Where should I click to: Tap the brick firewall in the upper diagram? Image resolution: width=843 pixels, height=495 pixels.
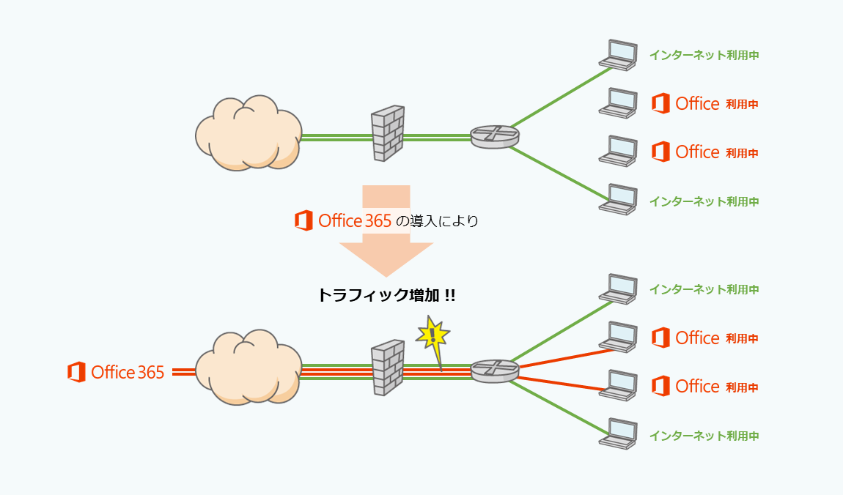point(388,134)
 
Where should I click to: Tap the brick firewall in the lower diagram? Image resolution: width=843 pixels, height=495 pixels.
point(388,368)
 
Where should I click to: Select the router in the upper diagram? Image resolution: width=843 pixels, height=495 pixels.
point(495,136)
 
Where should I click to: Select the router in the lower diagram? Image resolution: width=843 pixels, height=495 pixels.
point(495,371)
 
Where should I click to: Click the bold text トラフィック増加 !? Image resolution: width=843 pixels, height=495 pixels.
point(386,295)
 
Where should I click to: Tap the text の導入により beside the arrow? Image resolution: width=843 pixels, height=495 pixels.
point(436,220)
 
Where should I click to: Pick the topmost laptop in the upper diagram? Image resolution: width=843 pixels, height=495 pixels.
point(617,55)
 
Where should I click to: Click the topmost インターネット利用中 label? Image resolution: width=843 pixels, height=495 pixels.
point(704,55)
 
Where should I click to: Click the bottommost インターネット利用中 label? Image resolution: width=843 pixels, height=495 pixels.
point(704,436)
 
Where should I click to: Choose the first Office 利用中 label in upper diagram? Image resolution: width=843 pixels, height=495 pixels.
point(704,104)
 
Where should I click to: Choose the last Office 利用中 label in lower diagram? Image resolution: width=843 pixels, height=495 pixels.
point(704,386)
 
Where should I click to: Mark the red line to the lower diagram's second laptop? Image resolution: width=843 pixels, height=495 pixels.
point(564,356)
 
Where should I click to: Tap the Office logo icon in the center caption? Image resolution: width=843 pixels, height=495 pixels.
point(303,220)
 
